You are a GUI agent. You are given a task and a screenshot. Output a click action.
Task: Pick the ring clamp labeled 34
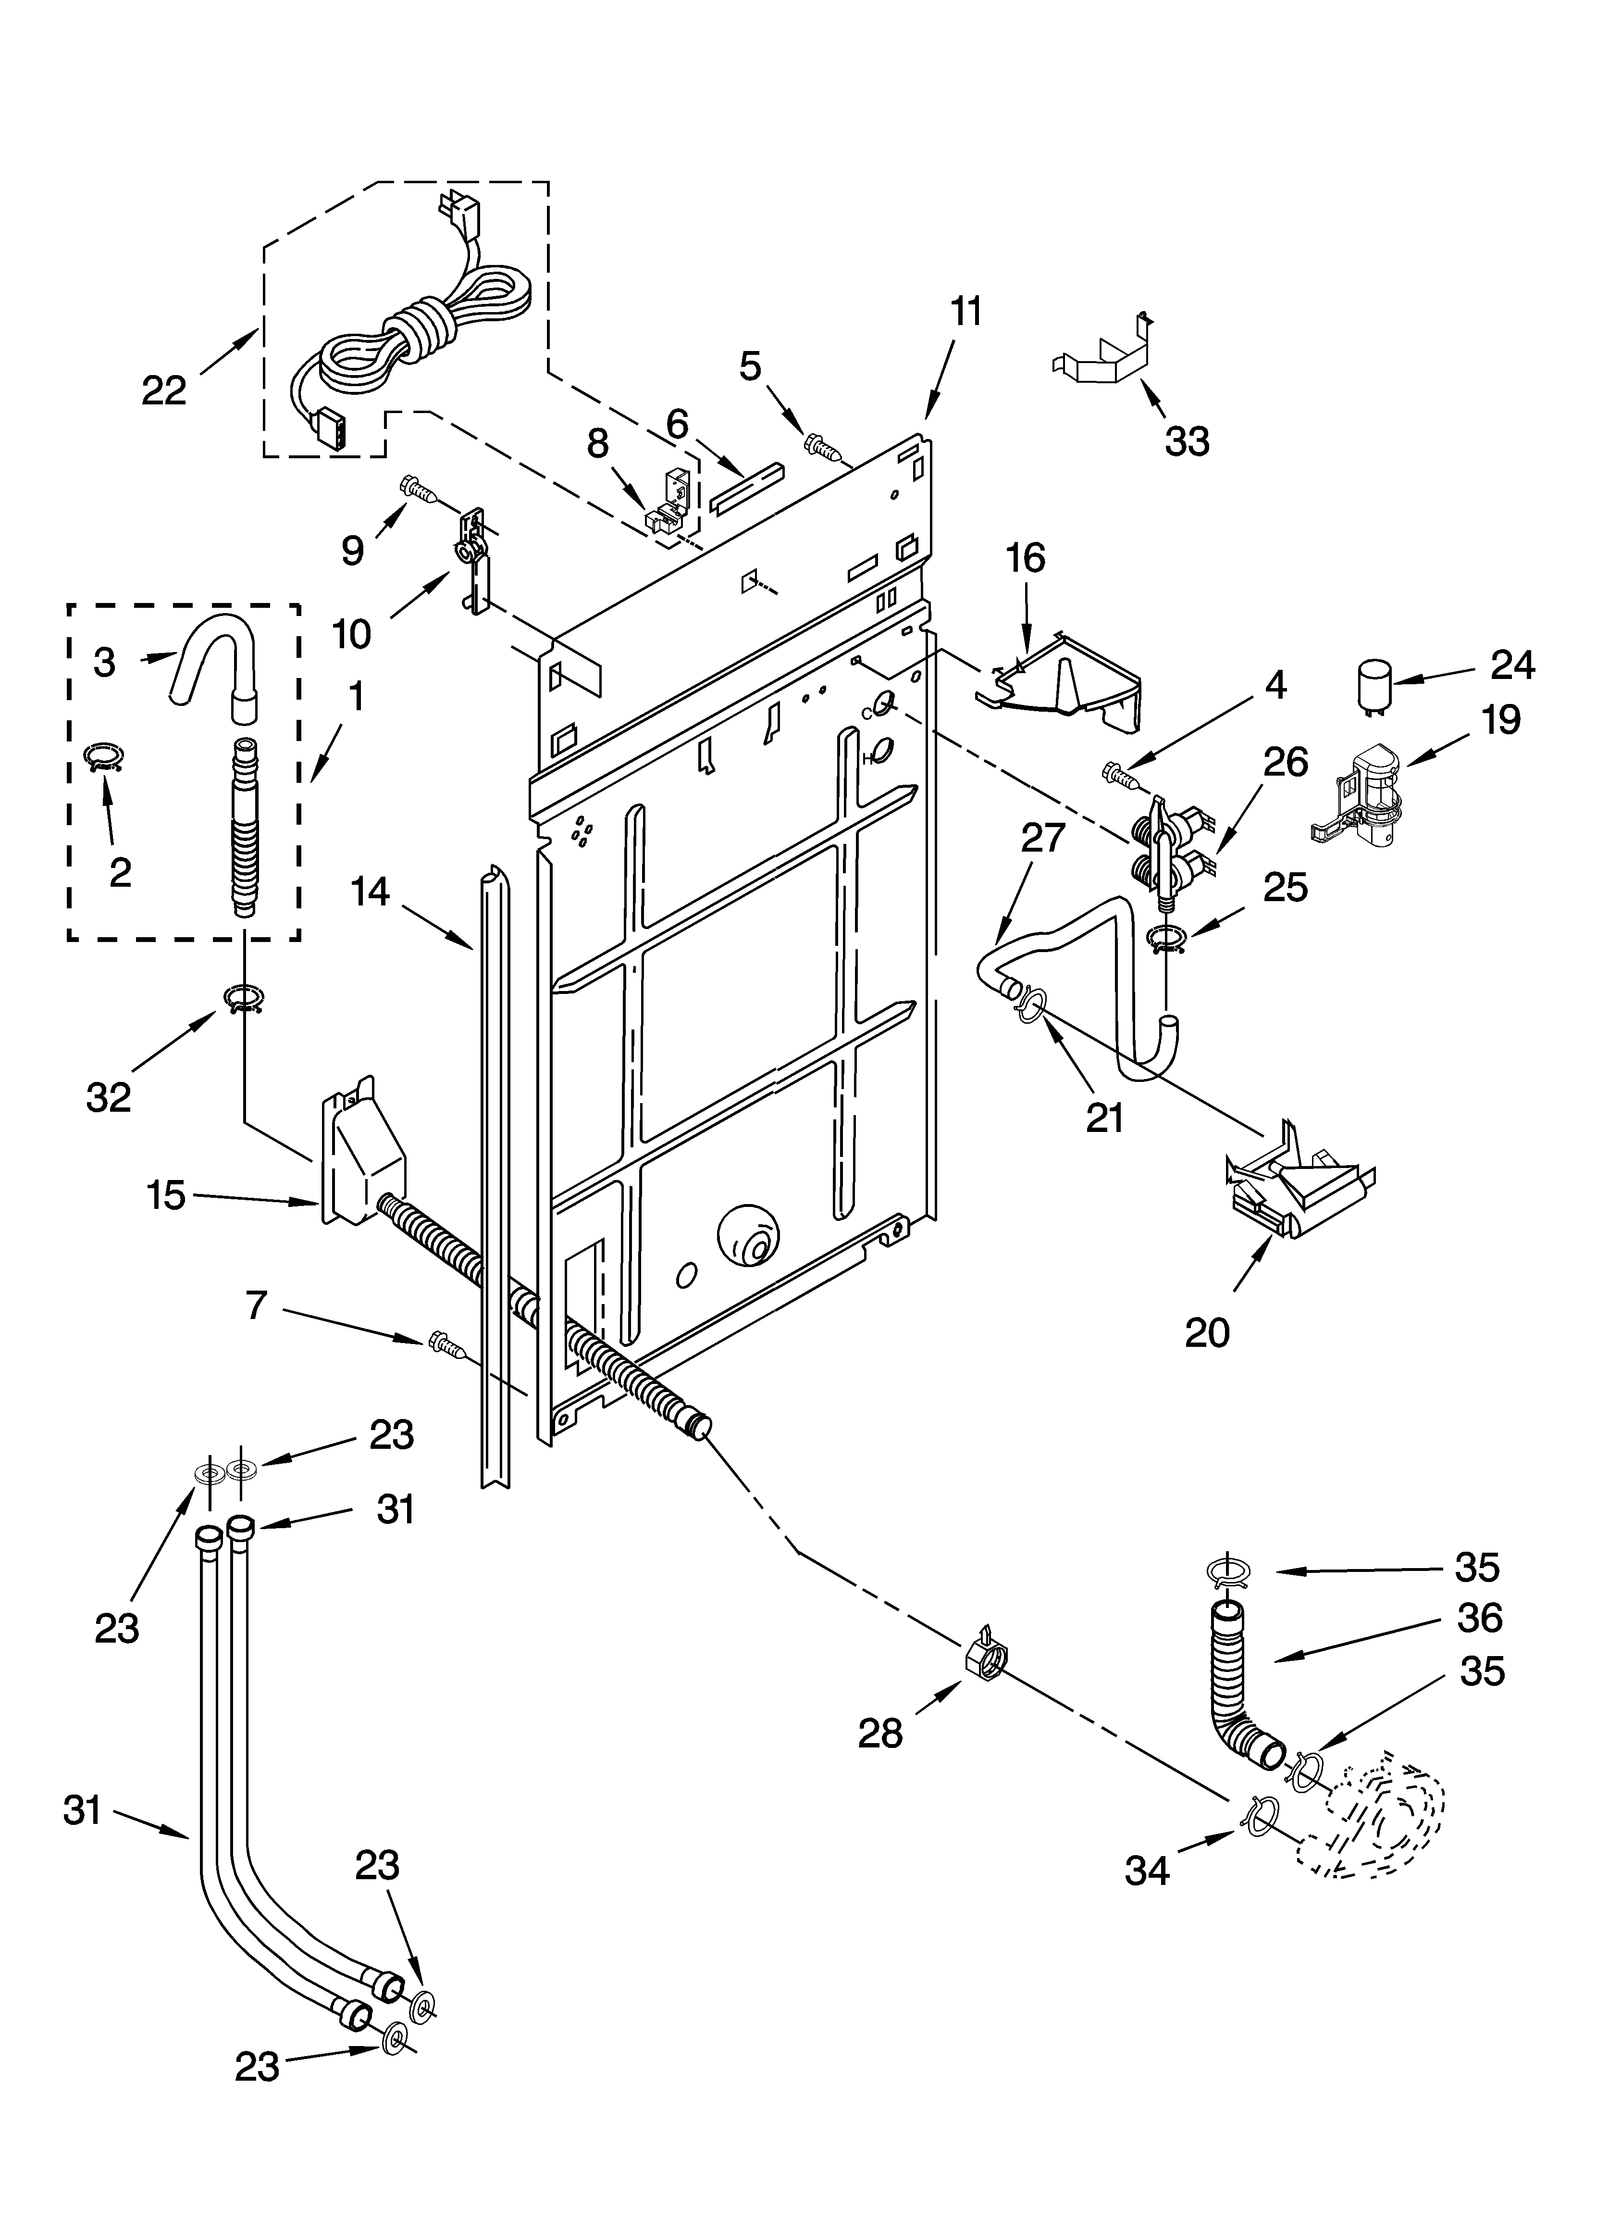pyautogui.click(x=1261, y=1812)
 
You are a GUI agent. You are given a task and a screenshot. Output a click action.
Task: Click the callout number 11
pyautogui.click(x=965, y=312)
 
